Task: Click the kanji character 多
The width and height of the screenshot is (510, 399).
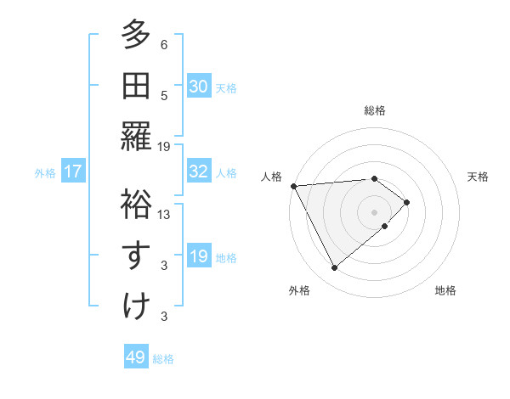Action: pyautogui.click(x=136, y=36)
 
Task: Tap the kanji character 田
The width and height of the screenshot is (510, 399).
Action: pyautogui.click(x=136, y=85)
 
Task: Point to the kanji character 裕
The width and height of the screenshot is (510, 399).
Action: pyautogui.click(x=136, y=204)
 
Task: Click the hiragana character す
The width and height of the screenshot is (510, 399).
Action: pyautogui.click(x=136, y=254)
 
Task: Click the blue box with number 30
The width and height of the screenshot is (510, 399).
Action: pyautogui.click(x=198, y=87)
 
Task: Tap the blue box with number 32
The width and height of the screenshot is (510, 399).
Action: pyautogui.click(x=198, y=171)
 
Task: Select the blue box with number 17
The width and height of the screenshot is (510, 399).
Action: pyautogui.click(x=73, y=172)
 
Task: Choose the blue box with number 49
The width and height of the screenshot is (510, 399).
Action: pyautogui.click(x=136, y=357)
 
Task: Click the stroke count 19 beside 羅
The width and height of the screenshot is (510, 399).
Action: pyautogui.click(x=165, y=147)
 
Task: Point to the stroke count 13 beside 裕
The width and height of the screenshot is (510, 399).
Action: pyautogui.click(x=165, y=215)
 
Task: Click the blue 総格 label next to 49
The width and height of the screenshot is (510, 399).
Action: pyautogui.click(x=163, y=359)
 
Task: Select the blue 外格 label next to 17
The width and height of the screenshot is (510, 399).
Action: pyautogui.click(x=45, y=173)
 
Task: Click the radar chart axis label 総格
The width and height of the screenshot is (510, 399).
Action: pyautogui.click(x=374, y=110)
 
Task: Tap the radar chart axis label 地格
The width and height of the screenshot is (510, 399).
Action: pyautogui.click(x=445, y=290)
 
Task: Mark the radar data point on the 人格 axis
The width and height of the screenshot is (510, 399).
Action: pyautogui.click(x=292, y=186)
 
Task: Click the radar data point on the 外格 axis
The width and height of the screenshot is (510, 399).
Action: pyautogui.click(x=334, y=268)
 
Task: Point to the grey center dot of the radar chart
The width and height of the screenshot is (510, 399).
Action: pyautogui.click(x=374, y=211)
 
